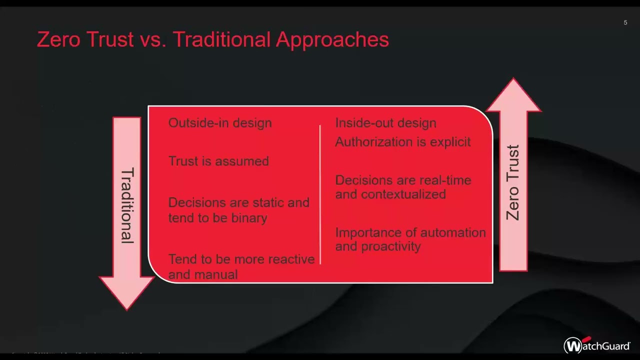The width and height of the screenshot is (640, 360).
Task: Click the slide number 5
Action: (x=625, y=22)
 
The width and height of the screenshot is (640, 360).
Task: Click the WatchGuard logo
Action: (x=597, y=345)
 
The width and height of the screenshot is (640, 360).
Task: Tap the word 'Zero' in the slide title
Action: (x=59, y=39)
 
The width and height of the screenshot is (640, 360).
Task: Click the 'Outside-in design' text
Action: (x=220, y=123)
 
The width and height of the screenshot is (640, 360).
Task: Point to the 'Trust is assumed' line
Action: (x=218, y=161)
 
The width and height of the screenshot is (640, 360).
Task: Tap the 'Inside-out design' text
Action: (x=385, y=123)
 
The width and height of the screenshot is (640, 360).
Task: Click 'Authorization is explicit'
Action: (x=402, y=142)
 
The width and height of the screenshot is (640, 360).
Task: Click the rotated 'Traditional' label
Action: (x=127, y=205)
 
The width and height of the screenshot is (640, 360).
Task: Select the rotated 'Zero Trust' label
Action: (x=513, y=182)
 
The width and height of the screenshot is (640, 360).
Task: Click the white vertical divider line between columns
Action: (x=320, y=195)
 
